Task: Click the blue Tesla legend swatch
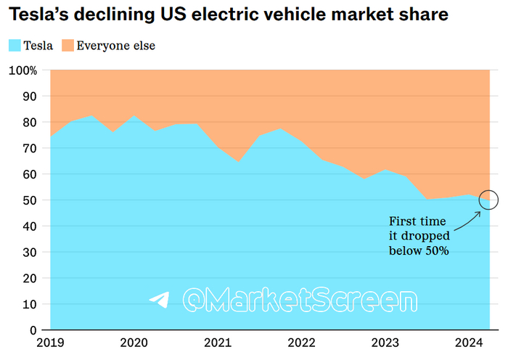[x=14, y=46]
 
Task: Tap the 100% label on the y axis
[x=22, y=70]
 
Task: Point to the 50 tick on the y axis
[x=28, y=200]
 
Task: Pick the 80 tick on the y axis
[x=28, y=122]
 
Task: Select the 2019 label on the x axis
[x=50, y=343]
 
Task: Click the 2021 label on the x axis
[x=218, y=343]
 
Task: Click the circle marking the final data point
[x=489, y=200]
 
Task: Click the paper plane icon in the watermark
[x=159, y=300]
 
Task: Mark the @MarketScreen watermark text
[x=300, y=300]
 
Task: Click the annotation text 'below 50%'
[x=419, y=250]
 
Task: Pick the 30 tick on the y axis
[x=28, y=252]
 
